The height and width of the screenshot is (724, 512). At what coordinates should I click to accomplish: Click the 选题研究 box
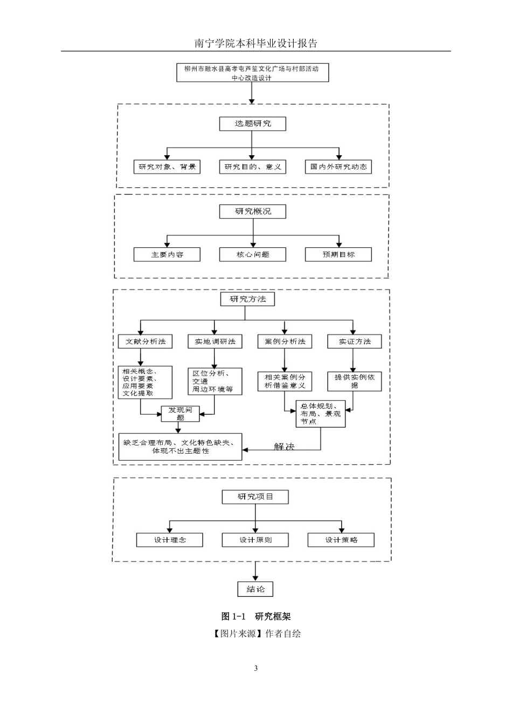252,124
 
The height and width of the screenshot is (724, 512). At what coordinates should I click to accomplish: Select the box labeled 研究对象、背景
167,167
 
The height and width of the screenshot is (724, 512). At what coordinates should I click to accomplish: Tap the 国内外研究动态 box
338,167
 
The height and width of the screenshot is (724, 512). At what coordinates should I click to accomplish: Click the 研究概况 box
252,211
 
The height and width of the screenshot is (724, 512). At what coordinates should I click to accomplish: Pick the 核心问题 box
252,254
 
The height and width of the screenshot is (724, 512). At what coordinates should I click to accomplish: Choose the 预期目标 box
338,254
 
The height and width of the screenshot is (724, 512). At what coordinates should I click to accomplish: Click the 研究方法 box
247,299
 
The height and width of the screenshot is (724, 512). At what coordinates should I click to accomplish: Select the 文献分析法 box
145,342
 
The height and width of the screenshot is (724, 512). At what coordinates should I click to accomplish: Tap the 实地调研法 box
215,342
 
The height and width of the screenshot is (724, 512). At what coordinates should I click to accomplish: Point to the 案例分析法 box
285,342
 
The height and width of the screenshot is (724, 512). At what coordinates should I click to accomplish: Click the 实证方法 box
355,342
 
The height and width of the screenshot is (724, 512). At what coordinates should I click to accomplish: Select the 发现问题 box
180,414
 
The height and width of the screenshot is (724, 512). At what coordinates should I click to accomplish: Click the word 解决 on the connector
285,447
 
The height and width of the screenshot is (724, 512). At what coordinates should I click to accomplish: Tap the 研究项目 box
255,497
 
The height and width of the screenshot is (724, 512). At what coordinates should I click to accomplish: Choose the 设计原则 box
255,540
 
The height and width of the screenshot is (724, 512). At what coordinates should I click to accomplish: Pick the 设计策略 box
341,540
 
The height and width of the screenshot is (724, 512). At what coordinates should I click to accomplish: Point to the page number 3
256,668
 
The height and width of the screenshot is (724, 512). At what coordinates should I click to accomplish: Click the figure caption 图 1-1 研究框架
256,616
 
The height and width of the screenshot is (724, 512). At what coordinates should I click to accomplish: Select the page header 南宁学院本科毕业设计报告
256,43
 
